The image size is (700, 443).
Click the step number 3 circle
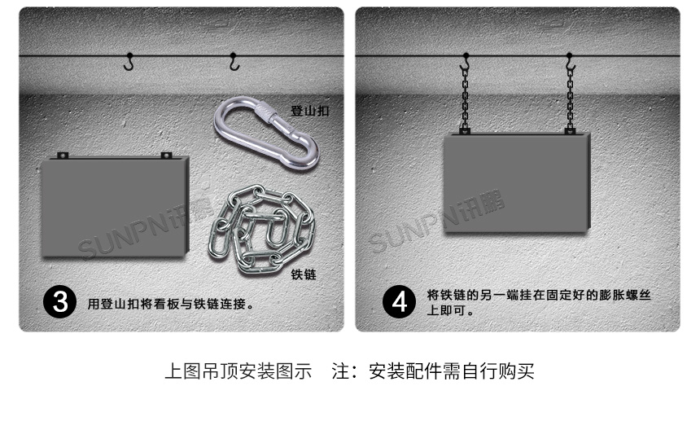pyautogui.click(x=59, y=302)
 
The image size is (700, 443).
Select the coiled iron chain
pyautogui.click(x=261, y=225)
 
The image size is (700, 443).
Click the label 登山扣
pyautogui.click(x=310, y=111)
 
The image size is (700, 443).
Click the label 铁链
pyautogui.click(x=304, y=275)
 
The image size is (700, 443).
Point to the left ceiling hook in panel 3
pyautogui.click(x=129, y=61)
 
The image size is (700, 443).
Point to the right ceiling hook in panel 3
pyautogui.click(x=234, y=61)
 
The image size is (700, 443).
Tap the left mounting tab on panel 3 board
pyautogui.click(x=62, y=155)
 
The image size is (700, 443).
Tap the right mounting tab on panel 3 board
pyautogui.click(x=166, y=155)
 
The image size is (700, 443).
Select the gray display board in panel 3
pyautogui.click(x=114, y=208)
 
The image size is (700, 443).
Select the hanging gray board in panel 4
pyautogui.click(x=514, y=183)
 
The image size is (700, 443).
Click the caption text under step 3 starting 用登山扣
pyautogui.click(x=172, y=305)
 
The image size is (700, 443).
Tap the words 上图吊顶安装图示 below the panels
pyautogui.click(x=238, y=372)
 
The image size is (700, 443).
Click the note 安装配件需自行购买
pyautogui.click(x=452, y=372)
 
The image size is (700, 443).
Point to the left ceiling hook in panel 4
pyautogui.click(x=465, y=62)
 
